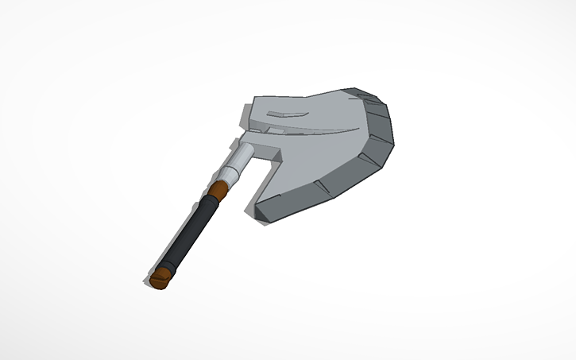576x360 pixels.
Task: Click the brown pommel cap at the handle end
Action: (x=160, y=277)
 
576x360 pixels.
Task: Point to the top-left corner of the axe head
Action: (x=253, y=99)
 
